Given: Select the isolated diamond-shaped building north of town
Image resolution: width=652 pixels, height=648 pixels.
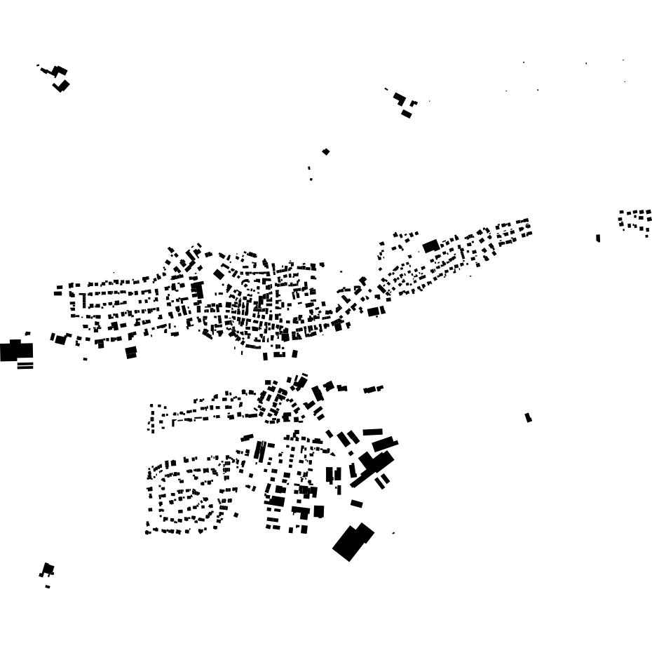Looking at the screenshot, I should (x=326, y=151).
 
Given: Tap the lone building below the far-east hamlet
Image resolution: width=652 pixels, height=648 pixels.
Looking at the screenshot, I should (x=598, y=238).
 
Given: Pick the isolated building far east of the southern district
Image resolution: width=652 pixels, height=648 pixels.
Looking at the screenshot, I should (x=528, y=417).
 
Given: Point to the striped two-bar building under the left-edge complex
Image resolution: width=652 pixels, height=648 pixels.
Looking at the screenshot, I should (x=25, y=365).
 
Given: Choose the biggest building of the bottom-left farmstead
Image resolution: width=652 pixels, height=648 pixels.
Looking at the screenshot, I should (x=48, y=569).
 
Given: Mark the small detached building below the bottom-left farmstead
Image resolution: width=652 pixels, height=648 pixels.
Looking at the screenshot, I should (x=48, y=586).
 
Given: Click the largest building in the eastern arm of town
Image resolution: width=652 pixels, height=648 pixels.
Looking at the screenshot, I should (x=430, y=246).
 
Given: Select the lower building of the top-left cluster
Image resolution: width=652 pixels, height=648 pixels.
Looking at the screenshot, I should (x=62, y=86).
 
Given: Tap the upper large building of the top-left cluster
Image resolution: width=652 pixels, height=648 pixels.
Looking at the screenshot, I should (x=60, y=70).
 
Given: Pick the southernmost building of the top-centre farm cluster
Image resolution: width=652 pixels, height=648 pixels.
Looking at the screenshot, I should (x=407, y=114).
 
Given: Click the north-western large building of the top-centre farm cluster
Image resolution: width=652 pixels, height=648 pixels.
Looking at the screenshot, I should (x=399, y=97).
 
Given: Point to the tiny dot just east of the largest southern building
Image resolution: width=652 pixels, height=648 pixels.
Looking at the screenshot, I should (x=393, y=533).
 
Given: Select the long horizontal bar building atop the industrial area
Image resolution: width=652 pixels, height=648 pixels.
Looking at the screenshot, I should (x=372, y=432).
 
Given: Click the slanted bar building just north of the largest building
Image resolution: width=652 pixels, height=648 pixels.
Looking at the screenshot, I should (x=357, y=504).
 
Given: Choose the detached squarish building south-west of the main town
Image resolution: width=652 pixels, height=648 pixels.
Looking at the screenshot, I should (x=131, y=352).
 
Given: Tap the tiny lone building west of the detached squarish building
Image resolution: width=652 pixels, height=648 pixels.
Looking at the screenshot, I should (x=86, y=359).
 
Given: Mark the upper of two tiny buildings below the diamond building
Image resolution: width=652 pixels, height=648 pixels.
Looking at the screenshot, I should (x=309, y=168).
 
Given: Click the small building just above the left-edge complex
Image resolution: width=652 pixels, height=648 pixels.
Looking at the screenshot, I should (x=27, y=333).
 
